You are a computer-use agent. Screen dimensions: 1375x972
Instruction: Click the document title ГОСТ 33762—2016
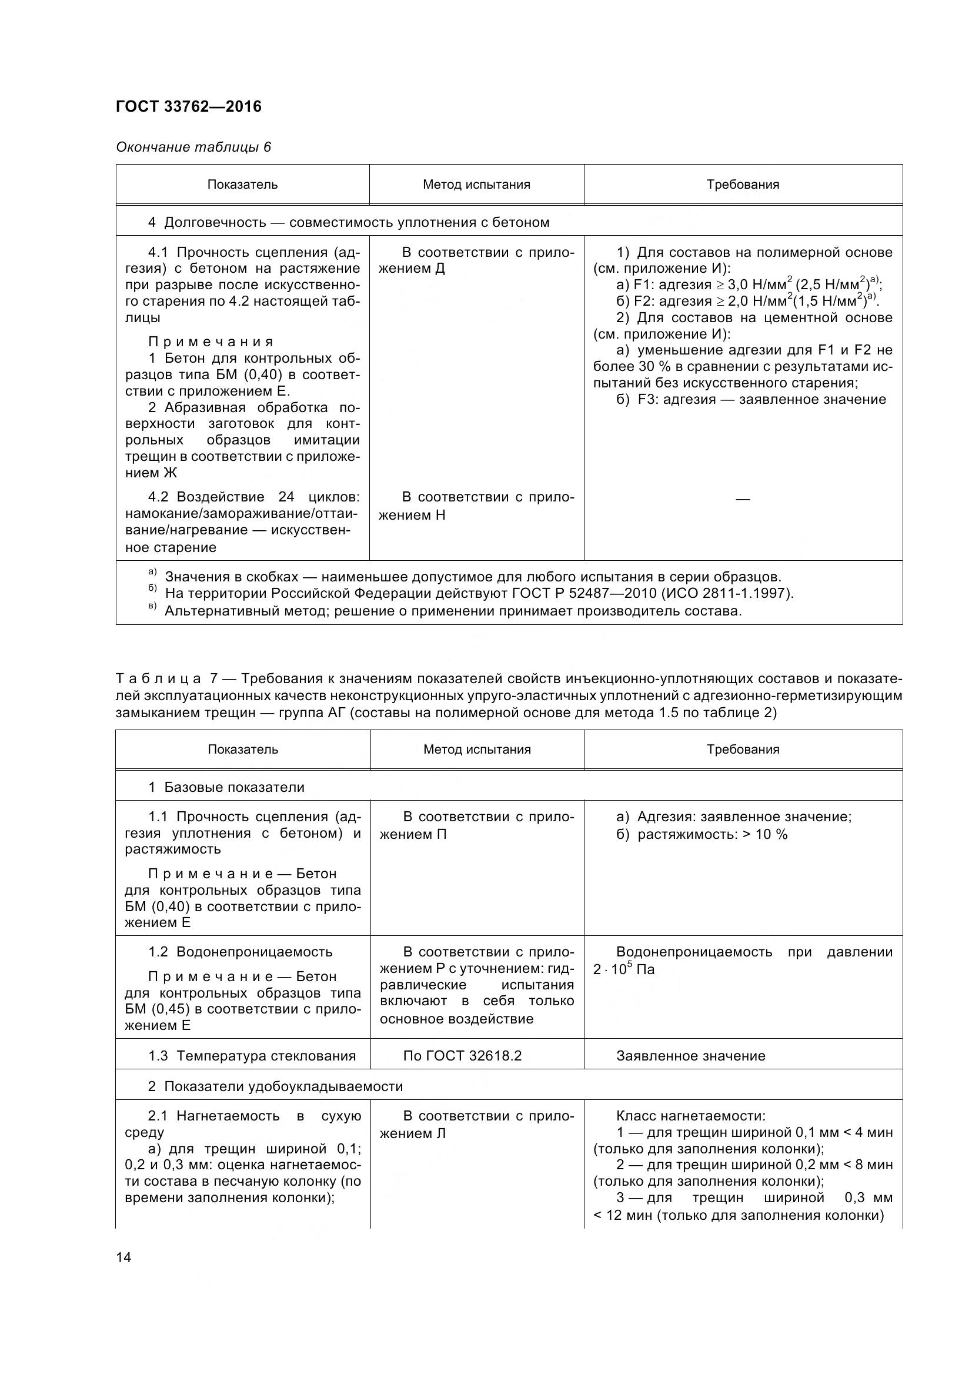189,106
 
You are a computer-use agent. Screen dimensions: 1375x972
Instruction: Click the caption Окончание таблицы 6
193,147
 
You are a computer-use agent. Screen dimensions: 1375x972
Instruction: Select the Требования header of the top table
743,185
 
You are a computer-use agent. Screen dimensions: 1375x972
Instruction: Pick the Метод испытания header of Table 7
477,749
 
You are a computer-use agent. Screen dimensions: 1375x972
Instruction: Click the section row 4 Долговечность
349,222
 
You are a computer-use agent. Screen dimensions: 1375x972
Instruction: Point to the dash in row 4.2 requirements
743,499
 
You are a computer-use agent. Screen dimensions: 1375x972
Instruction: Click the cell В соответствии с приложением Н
477,506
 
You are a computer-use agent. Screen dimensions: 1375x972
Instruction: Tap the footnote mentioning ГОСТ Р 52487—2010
479,594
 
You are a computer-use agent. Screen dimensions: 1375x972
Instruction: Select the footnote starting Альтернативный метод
453,611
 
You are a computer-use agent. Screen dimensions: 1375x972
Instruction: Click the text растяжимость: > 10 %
712,834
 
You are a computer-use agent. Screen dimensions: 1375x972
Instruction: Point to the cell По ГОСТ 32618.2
462,1055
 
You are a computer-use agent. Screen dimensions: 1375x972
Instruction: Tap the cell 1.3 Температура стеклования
252,1055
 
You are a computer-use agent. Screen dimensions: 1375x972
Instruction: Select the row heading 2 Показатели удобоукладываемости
276,1086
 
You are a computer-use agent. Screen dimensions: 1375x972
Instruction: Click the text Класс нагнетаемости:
690,1116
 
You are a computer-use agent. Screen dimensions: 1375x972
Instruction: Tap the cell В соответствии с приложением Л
477,1125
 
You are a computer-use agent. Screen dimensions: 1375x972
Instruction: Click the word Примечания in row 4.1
211,342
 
